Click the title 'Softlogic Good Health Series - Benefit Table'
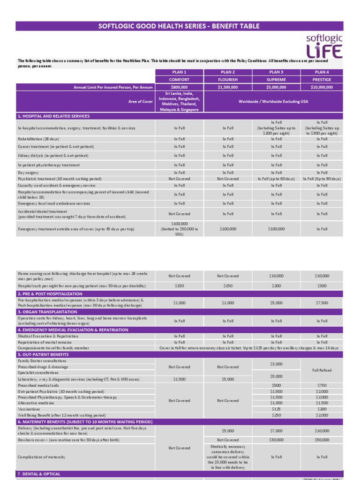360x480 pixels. (179, 26)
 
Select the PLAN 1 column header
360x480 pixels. (179, 72)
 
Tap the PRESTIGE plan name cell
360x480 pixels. (322, 80)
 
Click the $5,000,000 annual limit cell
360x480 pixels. (276, 87)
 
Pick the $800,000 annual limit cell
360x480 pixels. (179, 87)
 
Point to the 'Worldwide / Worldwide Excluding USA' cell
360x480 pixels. (273, 102)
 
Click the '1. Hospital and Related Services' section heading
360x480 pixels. (53, 116)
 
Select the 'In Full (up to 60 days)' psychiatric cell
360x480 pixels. (276, 179)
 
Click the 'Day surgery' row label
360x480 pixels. (29, 173)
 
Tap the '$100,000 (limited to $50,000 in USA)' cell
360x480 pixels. (179, 229)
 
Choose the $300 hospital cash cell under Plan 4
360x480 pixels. (322, 285)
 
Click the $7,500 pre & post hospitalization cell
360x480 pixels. (322, 303)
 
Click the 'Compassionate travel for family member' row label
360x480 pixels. (53, 348)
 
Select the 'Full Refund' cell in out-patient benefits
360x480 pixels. (322, 370)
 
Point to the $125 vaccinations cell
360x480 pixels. (276, 409)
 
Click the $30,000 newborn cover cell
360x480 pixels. (276, 440)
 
